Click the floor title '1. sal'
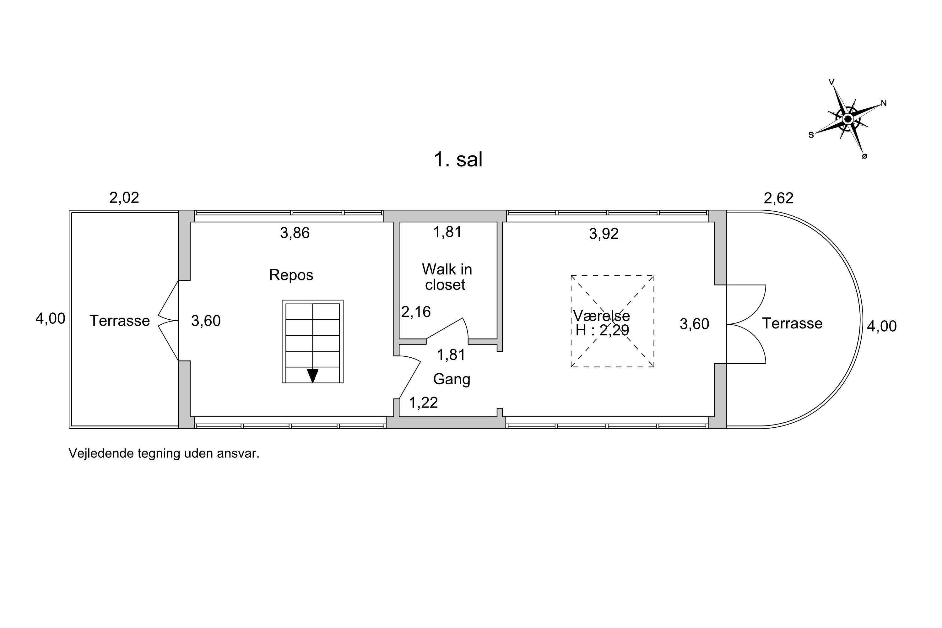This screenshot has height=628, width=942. point(458,160)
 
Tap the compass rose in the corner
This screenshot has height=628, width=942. point(847,119)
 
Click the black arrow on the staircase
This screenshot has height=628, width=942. point(312,376)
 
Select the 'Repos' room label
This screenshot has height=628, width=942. point(291,275)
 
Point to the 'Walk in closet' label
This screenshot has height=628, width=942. point(447,277)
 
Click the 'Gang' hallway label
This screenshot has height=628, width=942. point(452,379)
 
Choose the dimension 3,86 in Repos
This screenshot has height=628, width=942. point(295,233)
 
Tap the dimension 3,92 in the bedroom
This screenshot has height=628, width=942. point(604,234)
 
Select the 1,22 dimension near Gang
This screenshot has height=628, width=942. point(423,403)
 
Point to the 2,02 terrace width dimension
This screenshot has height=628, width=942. point(124,198)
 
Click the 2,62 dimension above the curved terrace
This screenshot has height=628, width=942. point(779,198)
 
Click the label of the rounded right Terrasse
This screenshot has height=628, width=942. point(792,323)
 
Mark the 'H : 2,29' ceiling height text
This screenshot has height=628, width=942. point(602,330)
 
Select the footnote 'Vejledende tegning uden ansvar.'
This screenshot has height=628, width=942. point(164,453)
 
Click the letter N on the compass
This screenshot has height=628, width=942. point(884,103)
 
